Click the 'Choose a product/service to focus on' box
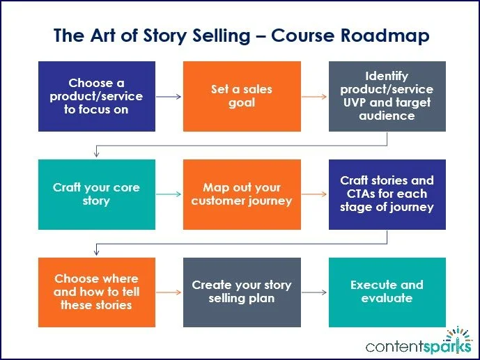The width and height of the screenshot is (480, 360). coord(95,97)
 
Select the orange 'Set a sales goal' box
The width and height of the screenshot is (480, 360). coord(241,97)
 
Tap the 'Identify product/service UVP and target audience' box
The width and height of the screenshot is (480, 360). coord(387,97)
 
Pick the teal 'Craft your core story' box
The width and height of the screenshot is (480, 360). coord(95,194)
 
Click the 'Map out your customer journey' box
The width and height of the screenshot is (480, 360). coord(241,194)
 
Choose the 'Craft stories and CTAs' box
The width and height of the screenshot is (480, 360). coord(387,194)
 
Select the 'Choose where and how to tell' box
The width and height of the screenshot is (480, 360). coord(95,292)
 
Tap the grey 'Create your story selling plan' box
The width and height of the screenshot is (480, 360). coord(241,292)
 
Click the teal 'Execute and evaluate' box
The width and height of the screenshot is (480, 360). coord(387,292)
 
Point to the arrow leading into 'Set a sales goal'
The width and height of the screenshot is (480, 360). coord(168,97)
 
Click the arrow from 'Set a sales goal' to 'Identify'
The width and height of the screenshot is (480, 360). coord(313,97)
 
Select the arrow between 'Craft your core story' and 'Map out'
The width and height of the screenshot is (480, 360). coord(168,194)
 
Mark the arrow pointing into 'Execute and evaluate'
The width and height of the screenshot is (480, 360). coord(313,292)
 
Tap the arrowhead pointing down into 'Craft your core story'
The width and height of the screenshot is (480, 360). coord(95,155)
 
